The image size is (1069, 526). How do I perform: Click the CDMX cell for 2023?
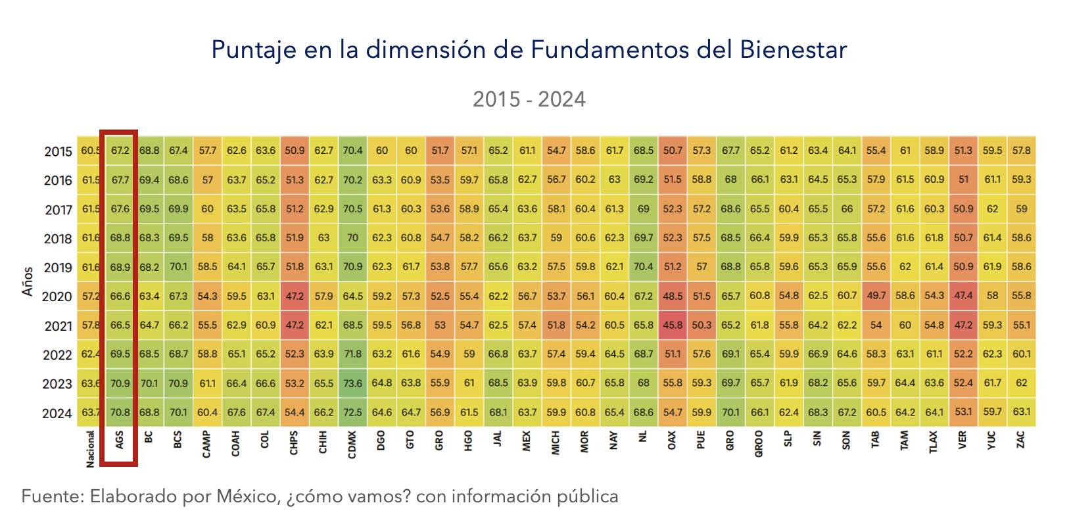[352, 383]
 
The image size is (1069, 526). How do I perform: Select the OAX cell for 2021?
[672, 325]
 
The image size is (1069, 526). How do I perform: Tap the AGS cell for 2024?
[120, 413]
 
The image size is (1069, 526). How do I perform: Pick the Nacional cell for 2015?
[90, 151]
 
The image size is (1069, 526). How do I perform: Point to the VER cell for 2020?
[963, 296]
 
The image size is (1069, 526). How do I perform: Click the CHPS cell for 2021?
[295, 325]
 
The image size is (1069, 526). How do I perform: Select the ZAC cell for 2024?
[1021, 413]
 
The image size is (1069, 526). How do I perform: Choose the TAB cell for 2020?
[876, 296]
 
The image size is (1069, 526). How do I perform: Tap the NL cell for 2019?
[643, 267]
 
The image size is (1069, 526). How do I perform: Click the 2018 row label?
[58, 239]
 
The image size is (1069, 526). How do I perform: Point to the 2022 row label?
[58, 355]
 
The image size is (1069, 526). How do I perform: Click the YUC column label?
[992, 441]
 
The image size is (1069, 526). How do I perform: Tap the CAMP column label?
[207, 444]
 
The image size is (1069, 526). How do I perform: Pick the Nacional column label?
[91, 448]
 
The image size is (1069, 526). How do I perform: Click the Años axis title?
[28, 281]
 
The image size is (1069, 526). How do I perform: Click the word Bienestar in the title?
[793, 49]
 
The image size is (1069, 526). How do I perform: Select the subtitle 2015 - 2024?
[529, 99]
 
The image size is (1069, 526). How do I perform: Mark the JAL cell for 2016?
[498, 179]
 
